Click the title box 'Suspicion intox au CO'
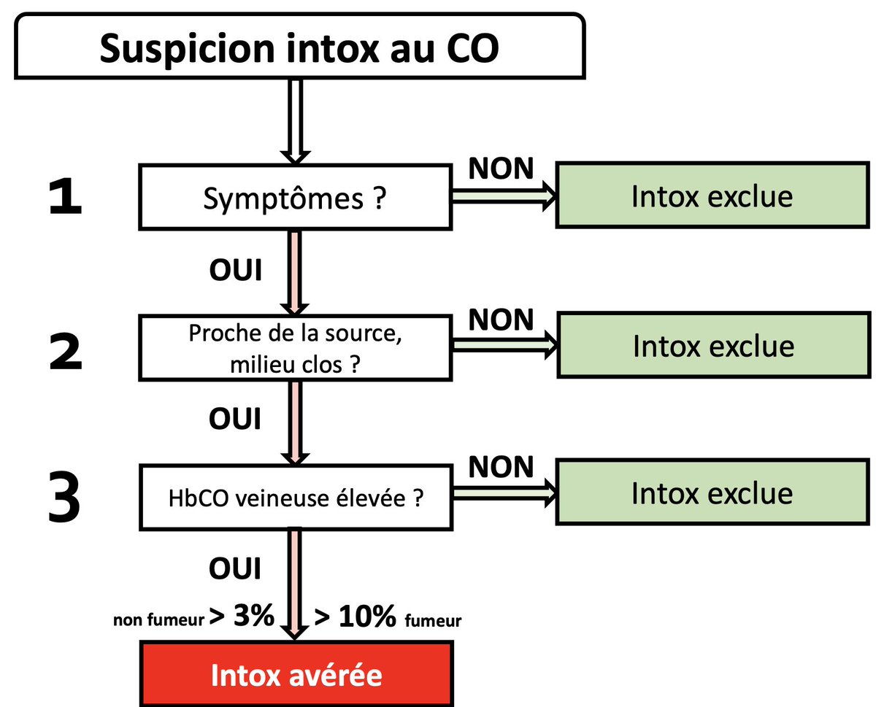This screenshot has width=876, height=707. pos(299,46)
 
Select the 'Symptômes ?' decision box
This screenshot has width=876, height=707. pos(295,198)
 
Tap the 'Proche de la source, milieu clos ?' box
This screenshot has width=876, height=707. pos(295,348)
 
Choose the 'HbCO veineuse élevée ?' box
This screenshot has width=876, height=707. pos(295,498)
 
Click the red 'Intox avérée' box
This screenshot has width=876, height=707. pos(296,674)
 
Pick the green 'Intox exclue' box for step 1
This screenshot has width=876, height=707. pos(712,197)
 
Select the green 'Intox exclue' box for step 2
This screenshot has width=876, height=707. pos(712,346)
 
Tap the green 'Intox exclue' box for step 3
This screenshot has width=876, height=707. pos(712,494)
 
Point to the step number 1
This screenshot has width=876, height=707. pos(65,199)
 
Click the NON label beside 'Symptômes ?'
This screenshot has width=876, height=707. pos(501,169)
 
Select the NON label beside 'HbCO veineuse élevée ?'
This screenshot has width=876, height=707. pos(501,467)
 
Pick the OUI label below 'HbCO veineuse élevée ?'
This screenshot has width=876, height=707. pos(235,568)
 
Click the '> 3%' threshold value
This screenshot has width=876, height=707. pos(241,617)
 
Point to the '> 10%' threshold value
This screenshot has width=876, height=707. pos(356,619)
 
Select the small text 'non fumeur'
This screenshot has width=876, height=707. pos(158,622)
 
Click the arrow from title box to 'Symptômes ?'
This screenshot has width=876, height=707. pos(295,120)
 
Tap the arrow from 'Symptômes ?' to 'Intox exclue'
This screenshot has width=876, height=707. pos(504,197)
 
